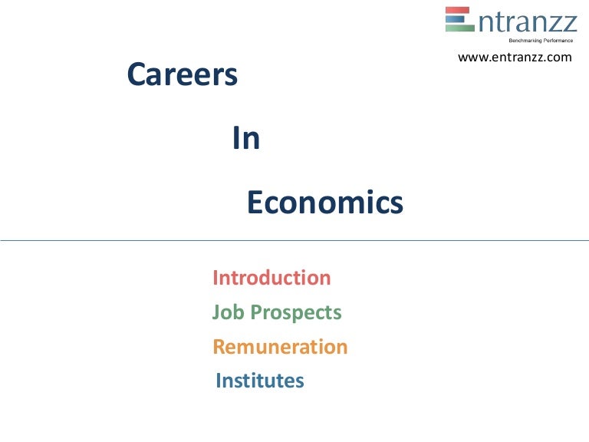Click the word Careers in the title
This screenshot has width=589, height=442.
[182, 74]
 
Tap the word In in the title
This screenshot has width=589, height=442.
[246, 139]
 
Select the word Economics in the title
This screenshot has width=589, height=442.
[324, 203]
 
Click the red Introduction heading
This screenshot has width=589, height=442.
[271, 278]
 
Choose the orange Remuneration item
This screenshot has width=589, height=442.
[280, 347]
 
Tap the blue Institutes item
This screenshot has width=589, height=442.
[260, 381]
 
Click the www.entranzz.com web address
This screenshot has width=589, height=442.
[515, 57]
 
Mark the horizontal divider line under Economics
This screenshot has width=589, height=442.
[294, 240]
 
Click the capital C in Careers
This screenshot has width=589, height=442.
[137, 75]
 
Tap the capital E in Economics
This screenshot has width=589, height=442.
[255, 203]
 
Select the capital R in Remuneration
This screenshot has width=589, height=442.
[219, 347]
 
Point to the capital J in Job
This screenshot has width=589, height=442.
[216, 313]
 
